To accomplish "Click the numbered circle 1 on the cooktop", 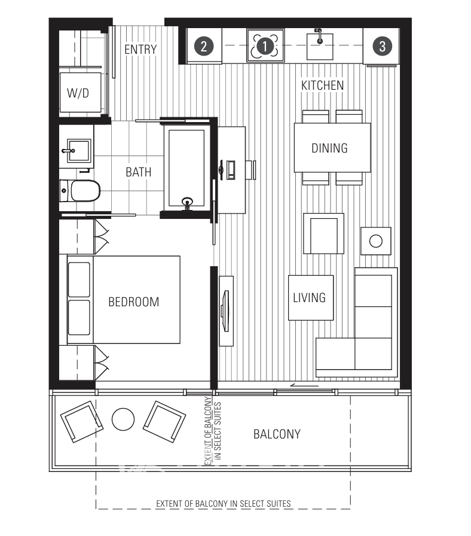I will [x=265, y=45].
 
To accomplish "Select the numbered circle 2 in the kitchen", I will [x=204, y=45].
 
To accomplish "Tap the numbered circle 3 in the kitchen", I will [x=382, y=45].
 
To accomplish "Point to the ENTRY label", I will [x=140, y=50].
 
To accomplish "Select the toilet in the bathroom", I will [x=82, y=191].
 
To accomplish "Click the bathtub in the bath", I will [x=187, y=167].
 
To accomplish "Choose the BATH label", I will [x=138, y=172].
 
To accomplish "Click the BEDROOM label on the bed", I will [x=133, y=301].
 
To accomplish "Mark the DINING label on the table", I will [x=329, y=148].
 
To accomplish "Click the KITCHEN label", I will [x=322, y=86].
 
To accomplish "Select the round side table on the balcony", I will [x=123, y=419].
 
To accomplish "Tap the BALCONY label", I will [x=277, y=434].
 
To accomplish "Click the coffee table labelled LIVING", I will [x=310, y=297].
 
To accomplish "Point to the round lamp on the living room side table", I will [x=375, y=241].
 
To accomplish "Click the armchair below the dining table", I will [x=323, y=233].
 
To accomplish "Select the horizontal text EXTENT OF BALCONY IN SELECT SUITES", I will [x=223, y=503].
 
